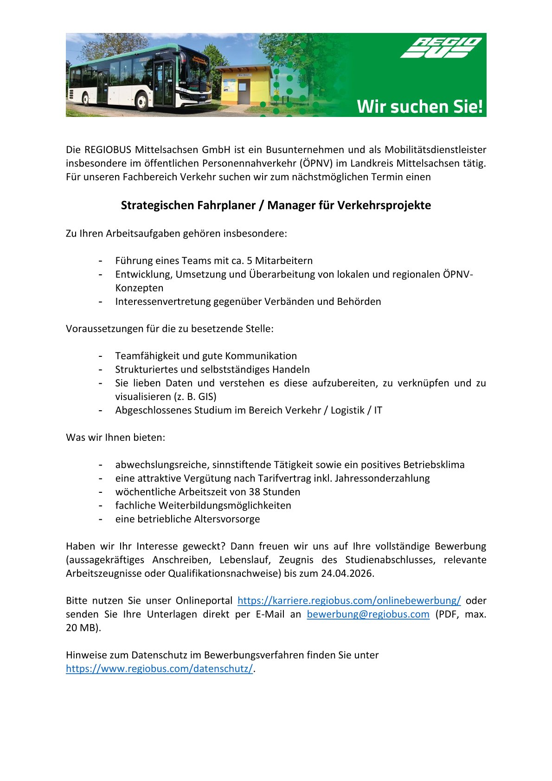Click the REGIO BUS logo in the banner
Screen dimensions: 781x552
click(441, 48)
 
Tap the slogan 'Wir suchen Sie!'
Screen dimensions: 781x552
click(420, 107)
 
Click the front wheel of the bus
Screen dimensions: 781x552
click(143, 101)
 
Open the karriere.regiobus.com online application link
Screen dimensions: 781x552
click(349, 600)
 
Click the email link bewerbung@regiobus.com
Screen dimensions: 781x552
click(368, 614)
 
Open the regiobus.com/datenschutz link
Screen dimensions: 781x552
click(160, 669)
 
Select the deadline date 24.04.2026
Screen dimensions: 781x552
click(347, 573)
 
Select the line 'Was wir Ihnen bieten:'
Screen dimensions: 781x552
click(116, 438)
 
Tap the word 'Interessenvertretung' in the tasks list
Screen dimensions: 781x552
click(163, 302)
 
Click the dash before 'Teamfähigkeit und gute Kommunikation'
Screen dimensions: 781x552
click(100, 356)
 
